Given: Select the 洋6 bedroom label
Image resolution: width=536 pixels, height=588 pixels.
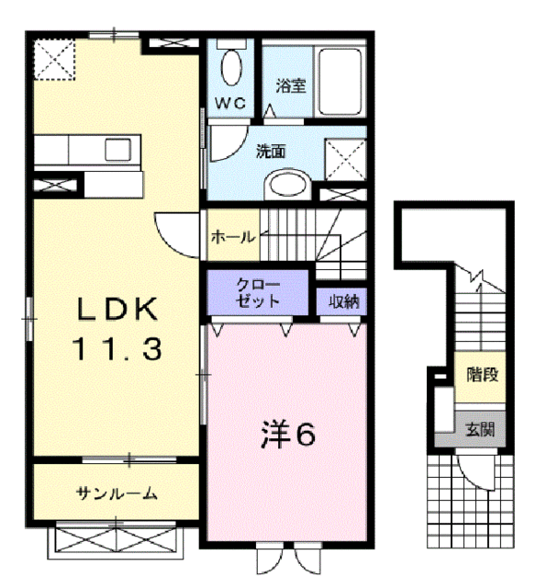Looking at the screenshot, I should pos(287,435).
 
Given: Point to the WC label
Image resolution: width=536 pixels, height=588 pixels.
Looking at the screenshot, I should pos(229,103).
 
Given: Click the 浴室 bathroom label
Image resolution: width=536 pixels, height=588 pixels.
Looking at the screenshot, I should pos(291,86).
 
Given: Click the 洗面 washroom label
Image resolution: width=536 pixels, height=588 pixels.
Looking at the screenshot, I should pos(271,153).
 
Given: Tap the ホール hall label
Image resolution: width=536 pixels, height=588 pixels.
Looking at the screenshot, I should pos(233,237).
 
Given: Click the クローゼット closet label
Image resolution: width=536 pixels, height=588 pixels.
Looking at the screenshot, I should pos(258,293).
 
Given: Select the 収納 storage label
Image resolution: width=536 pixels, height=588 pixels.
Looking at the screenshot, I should pos(343,300).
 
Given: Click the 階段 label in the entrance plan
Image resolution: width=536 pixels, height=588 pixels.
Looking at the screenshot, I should pos(481,374).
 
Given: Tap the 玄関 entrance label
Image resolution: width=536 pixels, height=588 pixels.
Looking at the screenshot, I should pos(481,427).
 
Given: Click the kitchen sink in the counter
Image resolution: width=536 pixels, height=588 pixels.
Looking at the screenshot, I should pos(119,149).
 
